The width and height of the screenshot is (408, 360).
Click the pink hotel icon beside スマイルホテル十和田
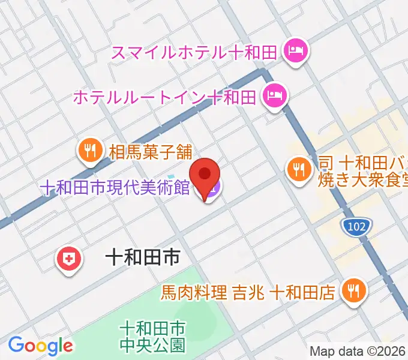(295, 51)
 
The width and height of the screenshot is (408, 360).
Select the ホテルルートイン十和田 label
(165, 96)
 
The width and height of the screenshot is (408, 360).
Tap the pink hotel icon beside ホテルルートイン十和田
(275, 95)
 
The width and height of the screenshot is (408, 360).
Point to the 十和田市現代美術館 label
(115, 189)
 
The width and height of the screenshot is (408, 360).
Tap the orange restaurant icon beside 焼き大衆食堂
(298, 169)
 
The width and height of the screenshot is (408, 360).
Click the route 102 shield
(356, 227)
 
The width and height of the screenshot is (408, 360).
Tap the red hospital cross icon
(68, 259)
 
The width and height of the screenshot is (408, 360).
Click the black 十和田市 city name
(142, 259)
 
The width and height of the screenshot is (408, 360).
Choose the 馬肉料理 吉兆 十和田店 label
(247, 293)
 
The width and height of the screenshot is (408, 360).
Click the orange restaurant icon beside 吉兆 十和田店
(351, 292)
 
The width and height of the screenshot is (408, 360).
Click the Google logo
(40, 346)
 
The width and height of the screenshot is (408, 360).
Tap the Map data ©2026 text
(358, 352)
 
